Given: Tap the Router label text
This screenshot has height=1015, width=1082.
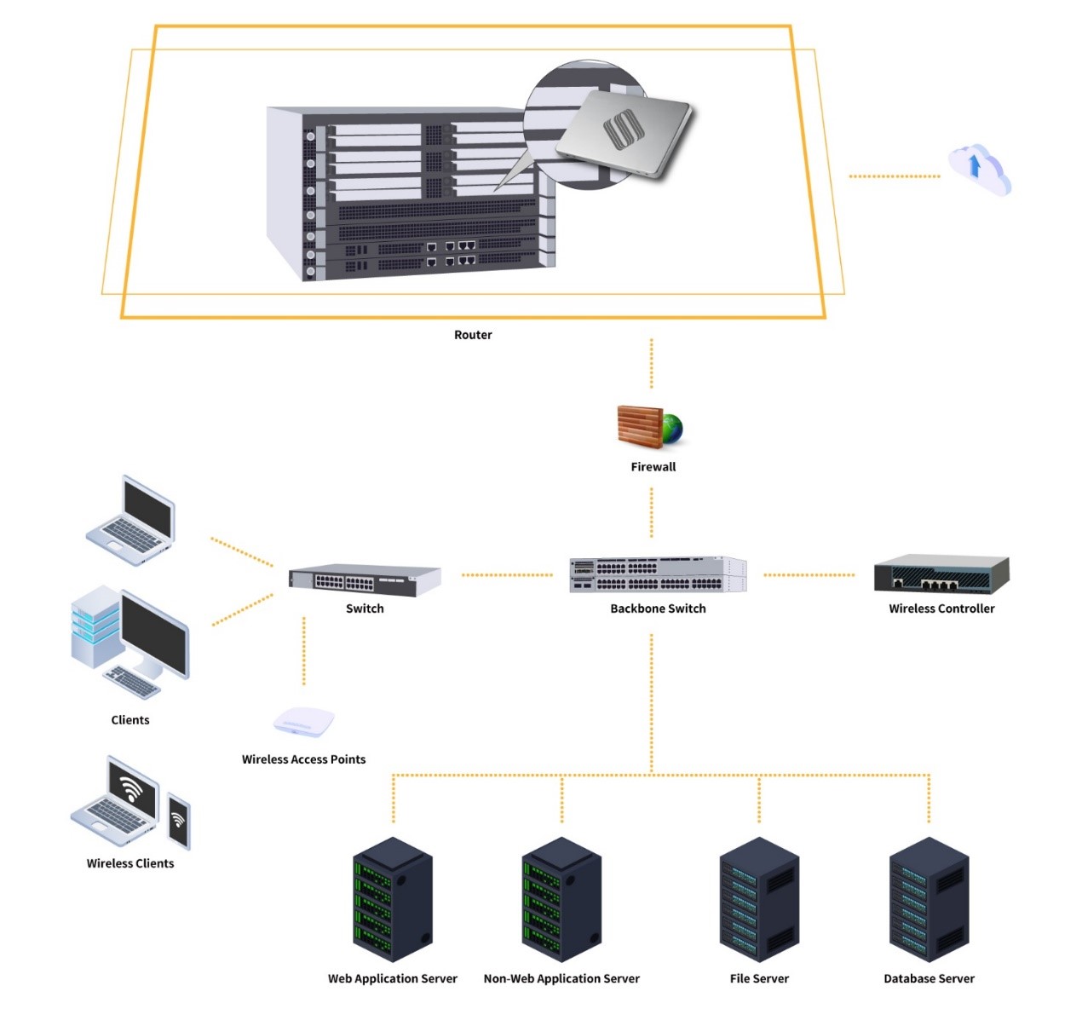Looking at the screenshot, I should coord(473,335).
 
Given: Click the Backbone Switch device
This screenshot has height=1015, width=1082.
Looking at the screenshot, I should coord(658,574).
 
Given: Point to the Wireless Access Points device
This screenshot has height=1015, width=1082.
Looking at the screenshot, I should coord(303,722).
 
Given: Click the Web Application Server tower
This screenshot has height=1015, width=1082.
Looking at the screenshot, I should coord(393,899).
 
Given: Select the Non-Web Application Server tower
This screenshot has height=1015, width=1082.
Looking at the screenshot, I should coord(561,899).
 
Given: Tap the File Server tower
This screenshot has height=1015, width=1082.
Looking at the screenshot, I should coord(759,899).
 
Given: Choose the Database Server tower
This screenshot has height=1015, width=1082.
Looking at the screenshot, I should coord(929,899).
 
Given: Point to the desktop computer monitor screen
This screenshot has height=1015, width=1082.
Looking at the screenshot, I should coord(153,631).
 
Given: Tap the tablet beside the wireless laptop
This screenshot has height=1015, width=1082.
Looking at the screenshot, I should coord(178,820).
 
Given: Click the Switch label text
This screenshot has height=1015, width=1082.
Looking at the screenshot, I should coord(365,608).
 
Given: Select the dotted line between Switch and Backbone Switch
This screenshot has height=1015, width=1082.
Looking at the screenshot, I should coord(507,575).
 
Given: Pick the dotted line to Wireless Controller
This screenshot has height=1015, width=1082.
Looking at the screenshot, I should coord(809,575).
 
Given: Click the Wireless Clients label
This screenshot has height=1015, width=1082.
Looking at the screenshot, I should coord(130,863).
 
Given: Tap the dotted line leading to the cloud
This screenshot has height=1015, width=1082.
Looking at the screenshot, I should coord(894,176).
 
